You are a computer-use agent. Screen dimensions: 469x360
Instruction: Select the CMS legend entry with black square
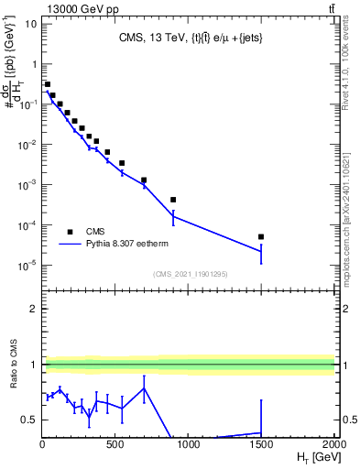pos(82,232)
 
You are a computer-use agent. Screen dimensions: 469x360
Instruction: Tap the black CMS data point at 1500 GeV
pos(261,236)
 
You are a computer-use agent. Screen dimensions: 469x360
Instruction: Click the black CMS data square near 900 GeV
pos(173,200)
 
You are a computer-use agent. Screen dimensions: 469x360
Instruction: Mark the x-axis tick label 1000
pos(188,444)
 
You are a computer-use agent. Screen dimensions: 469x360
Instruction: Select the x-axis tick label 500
pos(115,444)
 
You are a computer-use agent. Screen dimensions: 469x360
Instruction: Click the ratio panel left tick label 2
pos(33,309)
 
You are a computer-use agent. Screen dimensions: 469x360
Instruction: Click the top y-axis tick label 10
pos(31,24)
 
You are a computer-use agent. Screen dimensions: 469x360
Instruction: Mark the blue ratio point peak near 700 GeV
pos(144,388)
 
